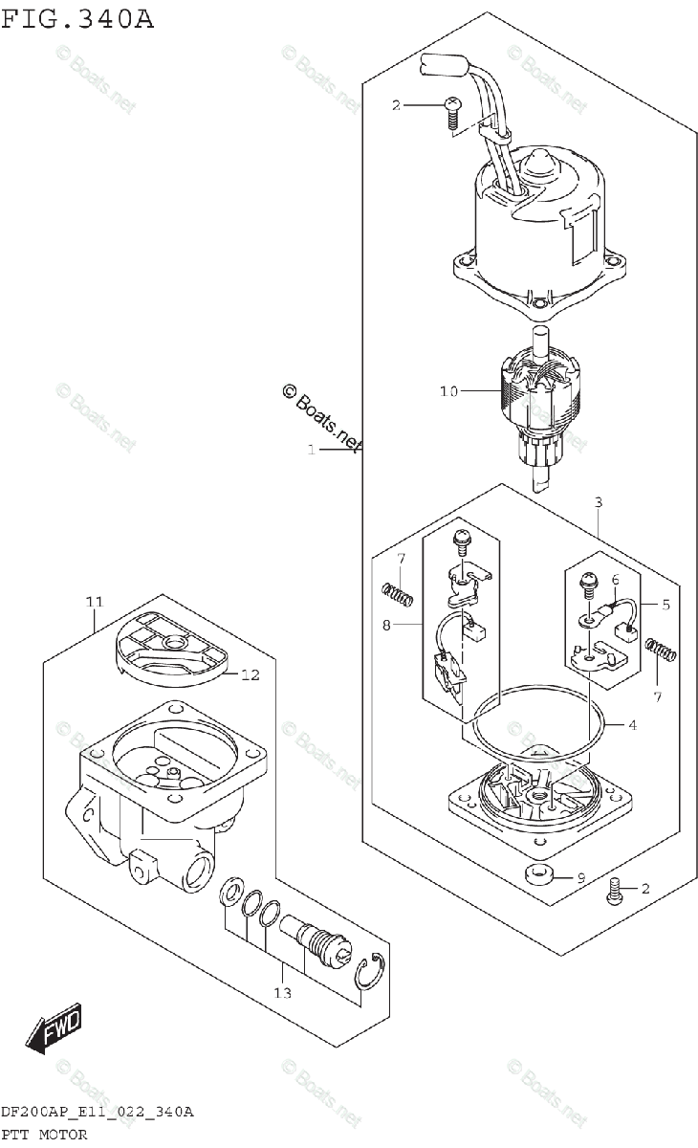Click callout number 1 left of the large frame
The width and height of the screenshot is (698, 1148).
click(x=311, y=450)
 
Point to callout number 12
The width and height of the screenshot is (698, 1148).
click(x=251, y=674)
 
